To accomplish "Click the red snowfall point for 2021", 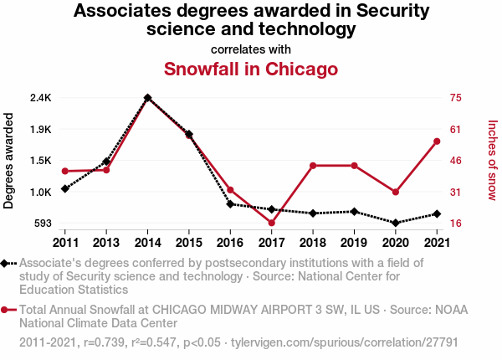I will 436,141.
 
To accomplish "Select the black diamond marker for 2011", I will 65,189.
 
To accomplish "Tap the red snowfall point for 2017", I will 272,223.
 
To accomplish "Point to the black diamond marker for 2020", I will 395,223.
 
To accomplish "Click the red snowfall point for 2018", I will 313,166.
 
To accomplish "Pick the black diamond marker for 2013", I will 106,162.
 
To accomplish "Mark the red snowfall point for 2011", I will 65,171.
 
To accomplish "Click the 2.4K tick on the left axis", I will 40,98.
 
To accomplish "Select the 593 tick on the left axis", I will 42,224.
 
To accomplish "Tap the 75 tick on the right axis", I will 456,98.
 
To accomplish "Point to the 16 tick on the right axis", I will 456,224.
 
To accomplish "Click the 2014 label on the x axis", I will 147,243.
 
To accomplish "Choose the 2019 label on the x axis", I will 354,243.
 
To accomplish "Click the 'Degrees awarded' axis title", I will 9,160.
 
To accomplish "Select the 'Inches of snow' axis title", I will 492,160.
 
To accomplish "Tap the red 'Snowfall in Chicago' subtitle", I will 250,69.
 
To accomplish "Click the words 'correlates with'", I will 250,49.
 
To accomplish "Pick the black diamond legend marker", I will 6,263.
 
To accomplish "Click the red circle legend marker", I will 6,310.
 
